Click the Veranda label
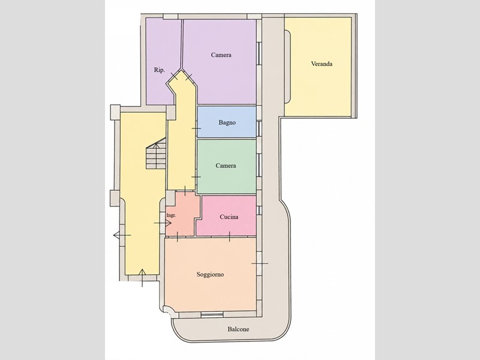[322, 64]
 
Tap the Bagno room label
[227, 123]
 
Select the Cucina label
[229, 217]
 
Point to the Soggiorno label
[210, 275]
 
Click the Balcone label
[238, 329]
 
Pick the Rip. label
[159, 70]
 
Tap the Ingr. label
[171, 215]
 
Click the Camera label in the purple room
[221, 55]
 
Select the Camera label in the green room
[226, 166]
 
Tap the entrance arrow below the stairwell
[142, 278]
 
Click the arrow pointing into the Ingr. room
[163, 223]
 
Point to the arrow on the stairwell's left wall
[122, 235]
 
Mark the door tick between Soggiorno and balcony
[260, 263]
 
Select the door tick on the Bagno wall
[196, 128]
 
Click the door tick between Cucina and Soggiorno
[229, 236]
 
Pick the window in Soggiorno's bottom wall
[212, 314]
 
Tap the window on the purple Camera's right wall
[259, 53]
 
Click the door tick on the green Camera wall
[196, 177]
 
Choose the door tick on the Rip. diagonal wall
[174, 75]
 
